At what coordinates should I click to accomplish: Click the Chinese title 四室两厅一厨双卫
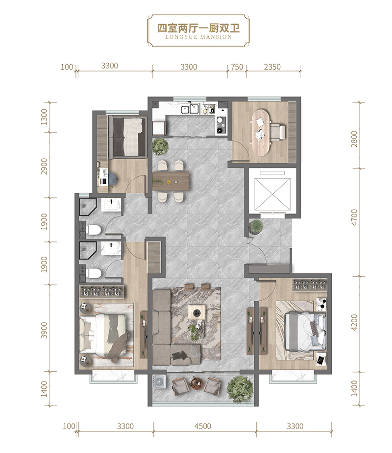(x=198, y=28)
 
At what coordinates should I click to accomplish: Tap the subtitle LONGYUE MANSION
(x=198, y=37)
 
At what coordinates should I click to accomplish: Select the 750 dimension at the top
(x=237, y=67)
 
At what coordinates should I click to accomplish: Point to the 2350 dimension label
(x=272, y=67)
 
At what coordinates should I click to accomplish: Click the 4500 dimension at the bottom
(x=203, y=426)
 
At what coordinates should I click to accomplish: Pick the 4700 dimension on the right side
(x=354, y=217)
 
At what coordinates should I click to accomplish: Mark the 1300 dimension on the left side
(x=44, y=117)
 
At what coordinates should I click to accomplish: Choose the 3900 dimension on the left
(x=44, y=331)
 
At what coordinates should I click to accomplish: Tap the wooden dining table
(x=171, y=181)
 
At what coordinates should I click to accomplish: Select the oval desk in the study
(x=261, y=132)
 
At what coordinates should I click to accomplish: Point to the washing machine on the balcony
(x=158, y=382)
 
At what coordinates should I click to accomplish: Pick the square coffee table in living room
(x=197, y=312)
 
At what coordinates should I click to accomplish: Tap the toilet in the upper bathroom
(x=93, y=230)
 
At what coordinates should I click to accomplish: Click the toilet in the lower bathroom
(x=93, y=273)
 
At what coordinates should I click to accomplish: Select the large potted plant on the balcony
(x=238, y=388)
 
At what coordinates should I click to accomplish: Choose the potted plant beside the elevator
(x=256, y=226)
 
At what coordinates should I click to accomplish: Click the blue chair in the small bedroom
(x=113, y=178)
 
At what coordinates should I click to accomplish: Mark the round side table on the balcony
(x=196, y=383)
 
